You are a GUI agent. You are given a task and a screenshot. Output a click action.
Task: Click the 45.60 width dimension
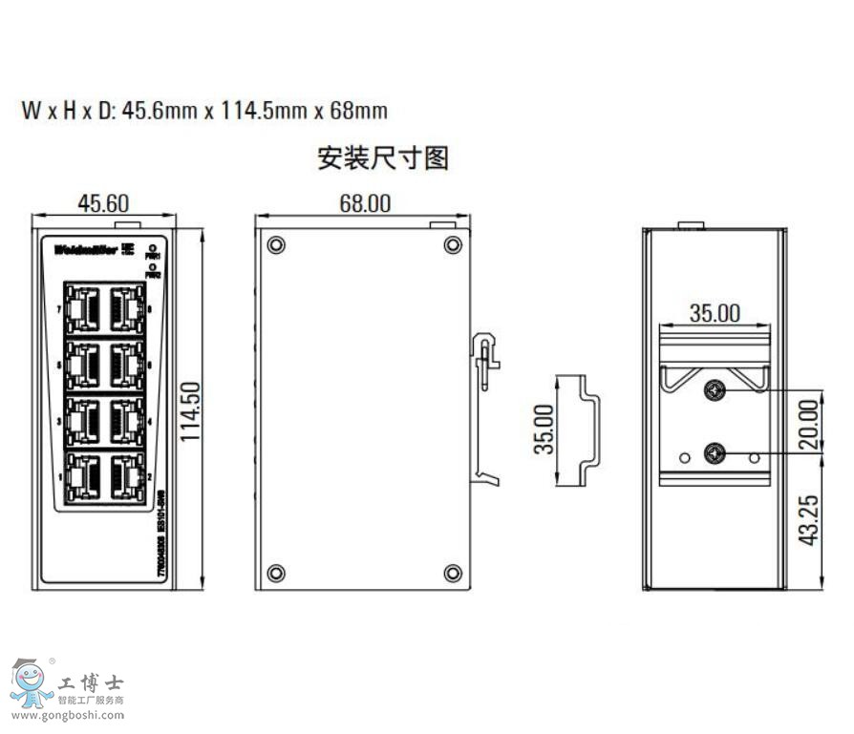point(103,202)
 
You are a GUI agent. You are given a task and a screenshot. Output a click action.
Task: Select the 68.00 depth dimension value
point(364,202)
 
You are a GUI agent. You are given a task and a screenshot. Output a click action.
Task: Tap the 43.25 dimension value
point(809,518)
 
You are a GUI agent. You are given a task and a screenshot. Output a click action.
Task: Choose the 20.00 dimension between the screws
point(809,424)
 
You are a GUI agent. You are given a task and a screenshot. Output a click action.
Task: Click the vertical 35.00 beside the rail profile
point(543,429)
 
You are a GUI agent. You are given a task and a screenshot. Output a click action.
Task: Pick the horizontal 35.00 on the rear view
point(715,312)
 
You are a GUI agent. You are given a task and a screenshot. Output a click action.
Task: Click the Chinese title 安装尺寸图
point(382,157)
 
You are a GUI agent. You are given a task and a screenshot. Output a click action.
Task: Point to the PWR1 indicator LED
point(153,247)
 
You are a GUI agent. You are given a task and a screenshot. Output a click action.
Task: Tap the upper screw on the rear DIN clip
point(714,389)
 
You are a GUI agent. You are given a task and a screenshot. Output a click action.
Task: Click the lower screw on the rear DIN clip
point(714,454)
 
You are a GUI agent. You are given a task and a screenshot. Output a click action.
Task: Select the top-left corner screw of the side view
point(276,244)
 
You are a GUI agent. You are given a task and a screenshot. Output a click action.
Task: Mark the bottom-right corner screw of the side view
point(452,573)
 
